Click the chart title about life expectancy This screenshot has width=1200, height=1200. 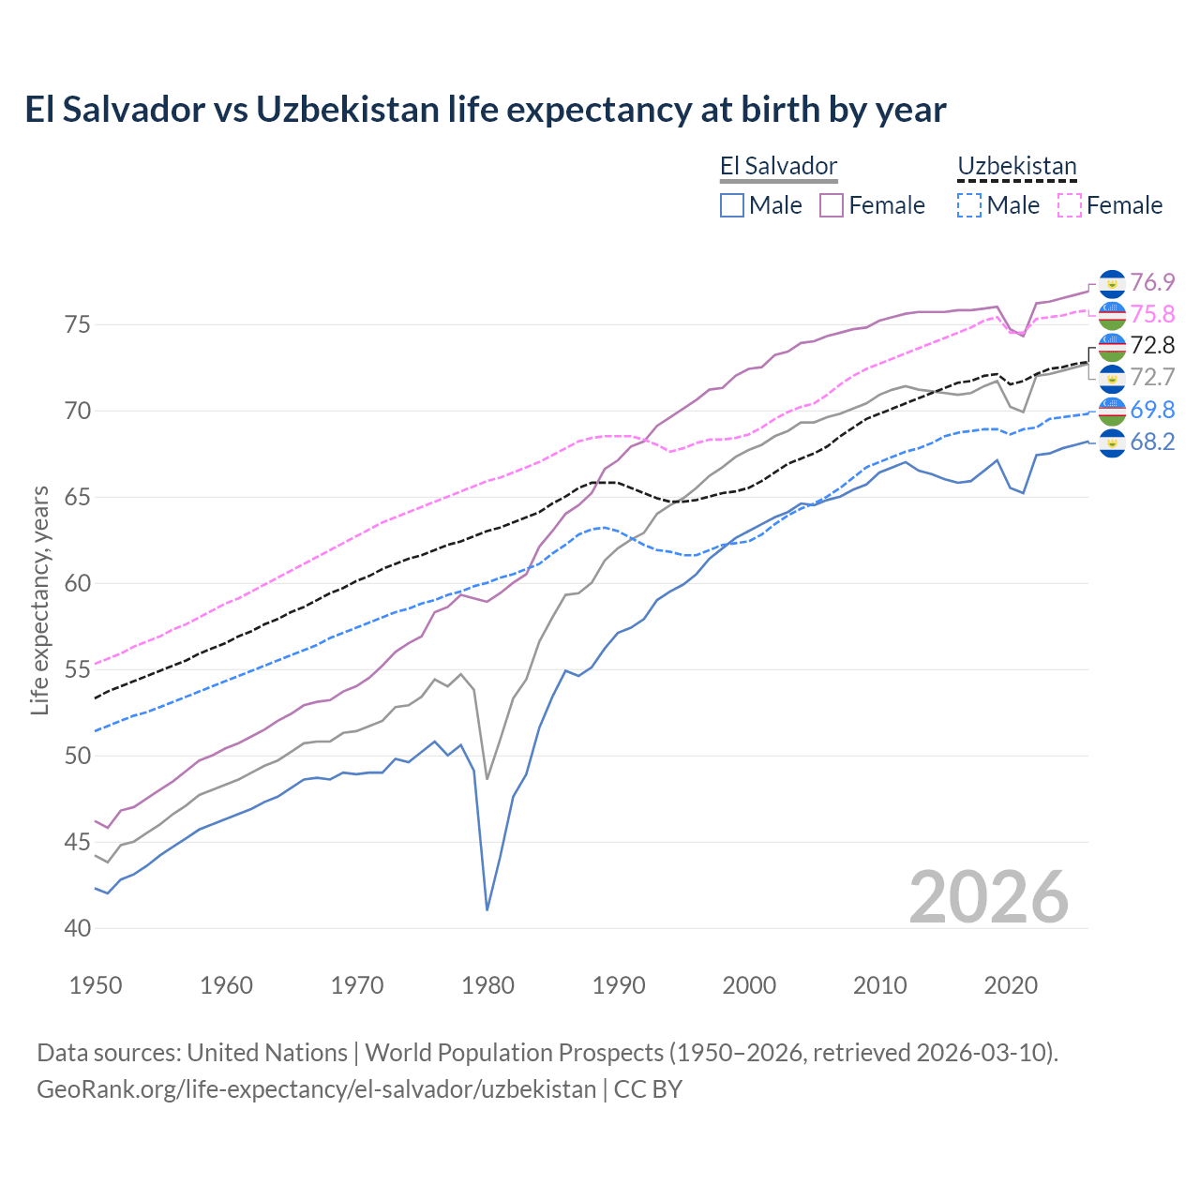click(x=485, y=110)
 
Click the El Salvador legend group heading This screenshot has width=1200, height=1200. click(x=778, y=167)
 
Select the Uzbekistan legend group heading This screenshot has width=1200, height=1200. click(x=1016, y=167)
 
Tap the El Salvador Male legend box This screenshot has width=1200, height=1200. click(x=732, y=205)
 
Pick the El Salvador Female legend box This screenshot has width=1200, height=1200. click(x=832, y=205)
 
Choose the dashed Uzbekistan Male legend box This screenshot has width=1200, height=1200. click(x=969, y=205)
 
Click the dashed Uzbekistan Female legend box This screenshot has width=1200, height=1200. click(x=1070, y=205)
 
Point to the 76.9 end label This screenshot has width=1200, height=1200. click(x=1152, y=282)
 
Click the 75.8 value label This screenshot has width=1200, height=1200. click(x=1152, y=314)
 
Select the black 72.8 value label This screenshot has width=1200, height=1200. click(x=1152, y=346)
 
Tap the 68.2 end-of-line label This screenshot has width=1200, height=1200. click(x=1152, y=442)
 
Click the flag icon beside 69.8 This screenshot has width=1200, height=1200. click(x=1112, y=410)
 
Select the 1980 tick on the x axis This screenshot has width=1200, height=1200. click(x=487, y=985)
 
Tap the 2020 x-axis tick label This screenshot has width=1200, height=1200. click(x=1011, y=985)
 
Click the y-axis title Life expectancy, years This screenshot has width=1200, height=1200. click(x=39, y=600)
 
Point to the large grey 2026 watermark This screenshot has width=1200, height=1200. click(x=989, y=897)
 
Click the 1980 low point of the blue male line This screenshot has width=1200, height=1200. click(x=487, y=909)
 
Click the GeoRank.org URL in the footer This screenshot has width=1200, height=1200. click(x=316, y=1089)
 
